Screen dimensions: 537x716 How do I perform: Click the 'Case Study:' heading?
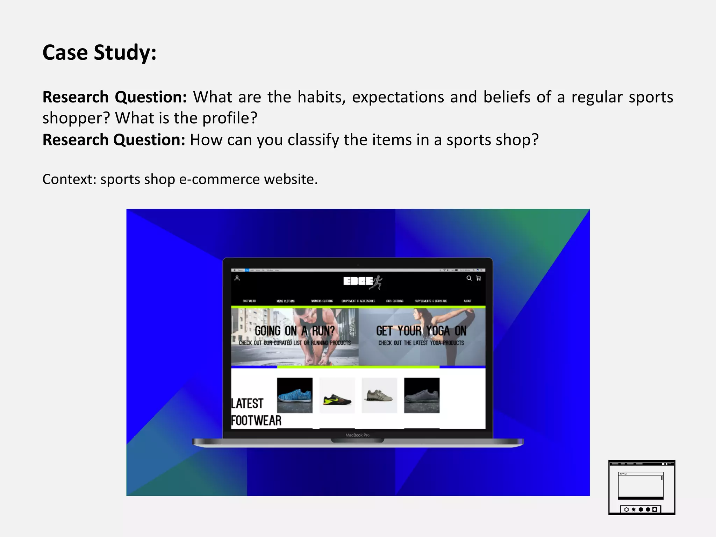point(99,52)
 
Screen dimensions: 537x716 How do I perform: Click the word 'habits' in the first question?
point(321,97)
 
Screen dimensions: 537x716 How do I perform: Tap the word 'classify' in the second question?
point(313,140)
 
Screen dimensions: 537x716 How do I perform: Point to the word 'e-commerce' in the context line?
point(220,179)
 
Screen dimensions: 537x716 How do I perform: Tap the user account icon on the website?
point(237,278)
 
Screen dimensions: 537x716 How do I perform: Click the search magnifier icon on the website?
point(469,278)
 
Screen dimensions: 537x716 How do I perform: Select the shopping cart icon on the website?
point(479,278)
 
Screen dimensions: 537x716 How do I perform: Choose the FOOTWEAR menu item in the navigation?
point(249,301)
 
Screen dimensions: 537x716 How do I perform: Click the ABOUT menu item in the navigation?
point(467,301)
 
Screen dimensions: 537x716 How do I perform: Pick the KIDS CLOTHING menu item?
point(395,301)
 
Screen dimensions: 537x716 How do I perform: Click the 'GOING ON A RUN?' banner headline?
point(295,331)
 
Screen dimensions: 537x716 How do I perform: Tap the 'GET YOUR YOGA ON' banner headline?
point(421,331)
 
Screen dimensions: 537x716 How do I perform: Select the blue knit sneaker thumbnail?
point(295,395)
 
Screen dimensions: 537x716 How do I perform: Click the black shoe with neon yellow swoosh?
point(337,395)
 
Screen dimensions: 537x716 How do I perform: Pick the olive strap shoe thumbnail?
point(379,395)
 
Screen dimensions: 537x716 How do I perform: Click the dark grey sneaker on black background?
point(422,395)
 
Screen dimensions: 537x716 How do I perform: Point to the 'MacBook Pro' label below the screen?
point(357,435)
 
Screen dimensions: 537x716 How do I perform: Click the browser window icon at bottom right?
point(642,487)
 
